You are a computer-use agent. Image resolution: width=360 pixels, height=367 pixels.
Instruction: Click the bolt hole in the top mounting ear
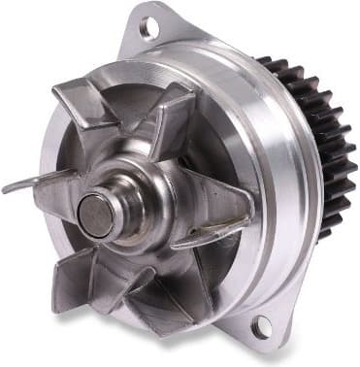coord(148,28)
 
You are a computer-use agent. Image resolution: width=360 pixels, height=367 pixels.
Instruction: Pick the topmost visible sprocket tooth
coord(264,61)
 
